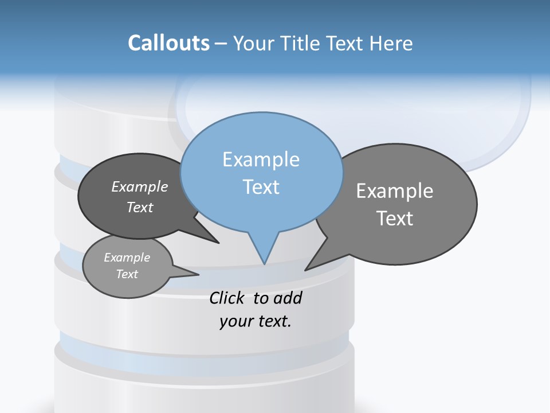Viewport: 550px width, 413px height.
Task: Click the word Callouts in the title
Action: click(x=168, y=43)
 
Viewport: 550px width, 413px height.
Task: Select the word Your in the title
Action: click(x=253, y=43)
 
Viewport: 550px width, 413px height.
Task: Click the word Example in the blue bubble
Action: click(x=261, y=159)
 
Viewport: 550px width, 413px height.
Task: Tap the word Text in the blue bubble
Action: click(x=261, y=187)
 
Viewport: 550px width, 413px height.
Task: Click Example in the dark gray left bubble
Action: click(x=140, y=186)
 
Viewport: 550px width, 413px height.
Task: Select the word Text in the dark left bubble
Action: click(x=140, y=207)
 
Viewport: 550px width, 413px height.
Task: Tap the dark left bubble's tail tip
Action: click(x=218, y=243)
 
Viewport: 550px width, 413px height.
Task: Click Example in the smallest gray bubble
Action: click(x=127, y=258)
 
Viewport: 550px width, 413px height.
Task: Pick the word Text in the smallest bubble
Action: click(x=127, y=274)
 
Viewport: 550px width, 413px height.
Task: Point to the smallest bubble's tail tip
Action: click(x=198, y=274)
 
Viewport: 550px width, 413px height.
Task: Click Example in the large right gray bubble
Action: click(x=395, y=190)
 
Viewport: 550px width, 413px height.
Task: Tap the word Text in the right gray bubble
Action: click(x=395, y=219)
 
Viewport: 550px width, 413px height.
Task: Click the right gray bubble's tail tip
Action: click(x=305, y=270)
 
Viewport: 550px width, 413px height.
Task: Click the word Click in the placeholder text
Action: click(x=226, y=298)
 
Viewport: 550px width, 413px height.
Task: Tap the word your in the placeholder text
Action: click(x=235, y=321)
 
